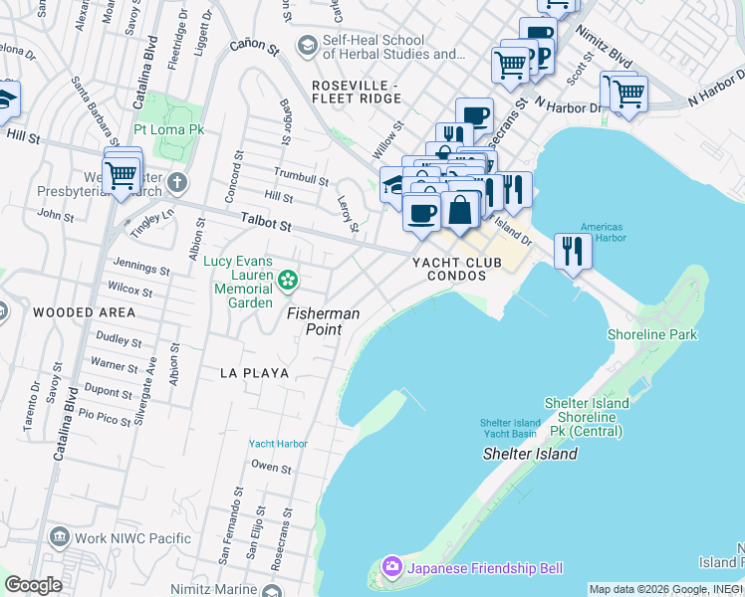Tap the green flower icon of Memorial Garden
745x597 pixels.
(x=288, y=281)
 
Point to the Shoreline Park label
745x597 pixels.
(x=652, y=335)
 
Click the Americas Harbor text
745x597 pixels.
(x=604, y=232)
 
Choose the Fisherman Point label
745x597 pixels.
(x=323, y=319)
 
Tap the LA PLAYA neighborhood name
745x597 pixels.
(x=255, y=373)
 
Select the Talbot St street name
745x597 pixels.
(x=265, y=226)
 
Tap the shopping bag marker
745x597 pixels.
(x=460, y=210)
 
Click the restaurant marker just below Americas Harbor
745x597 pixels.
(x=573, y=250)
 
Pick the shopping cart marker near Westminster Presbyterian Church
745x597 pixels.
(x=122, y=175)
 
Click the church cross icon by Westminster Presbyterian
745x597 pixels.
(x=177, y=182)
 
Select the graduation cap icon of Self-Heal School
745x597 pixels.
(x=307, y=46)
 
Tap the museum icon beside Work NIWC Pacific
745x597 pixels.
(x=58, y=537)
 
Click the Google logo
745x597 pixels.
(x=34, y=585)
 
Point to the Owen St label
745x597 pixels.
(x=271, y=467)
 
